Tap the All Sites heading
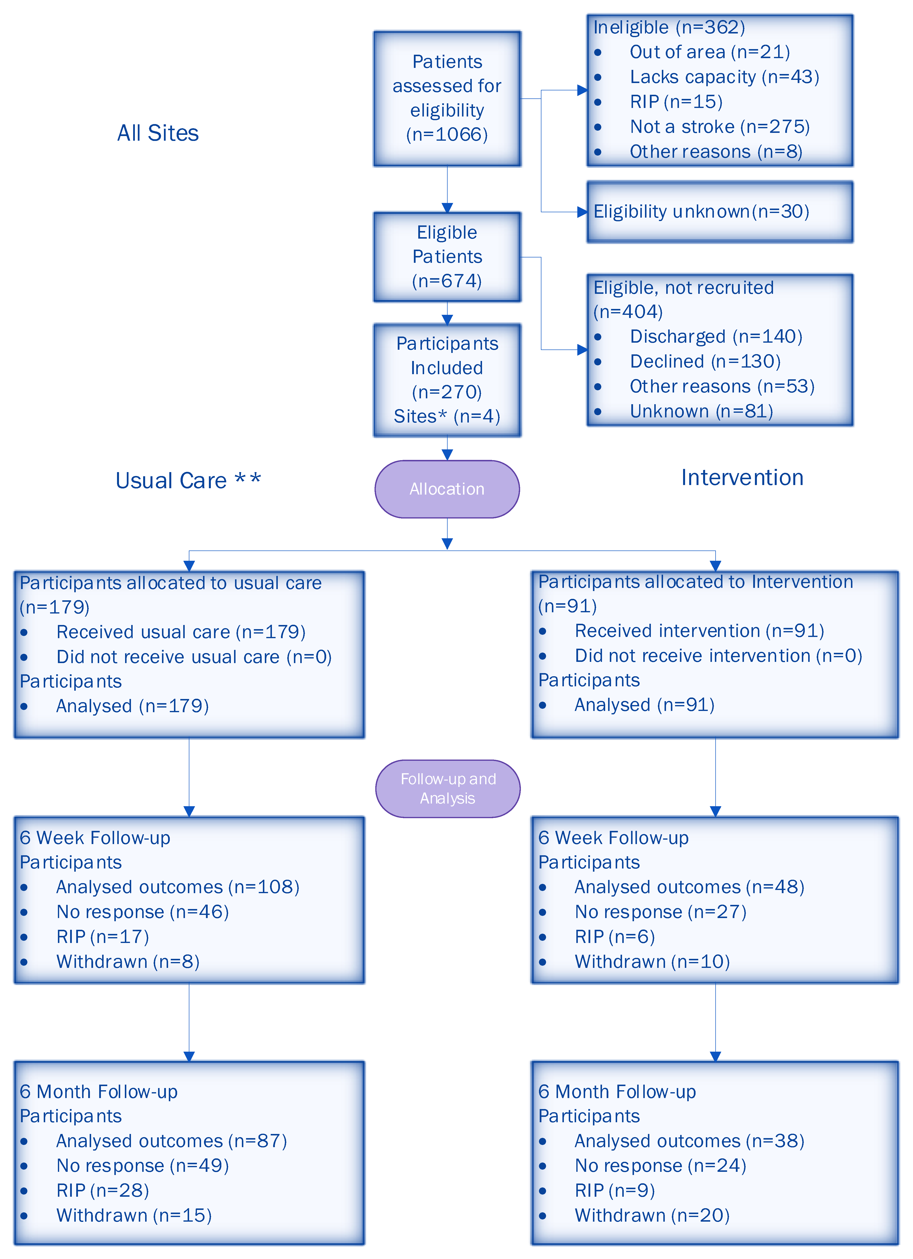click(158, 133)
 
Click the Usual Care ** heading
click(188, 480)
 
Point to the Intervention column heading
click(742, 477)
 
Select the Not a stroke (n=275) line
click(719, 127)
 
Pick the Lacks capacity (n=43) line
click(724, 77)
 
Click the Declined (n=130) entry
click(705, 361)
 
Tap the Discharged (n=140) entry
click(715, 336)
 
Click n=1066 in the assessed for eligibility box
click(447, 134)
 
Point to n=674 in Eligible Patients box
click(447, 281)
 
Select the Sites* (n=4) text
click(447, 416)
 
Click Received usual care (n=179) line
click(181, 632)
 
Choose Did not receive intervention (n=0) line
click(718, 656)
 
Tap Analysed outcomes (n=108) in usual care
click(177, 887)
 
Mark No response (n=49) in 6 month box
click(142, 1166)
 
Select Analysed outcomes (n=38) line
click(689, 1141)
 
